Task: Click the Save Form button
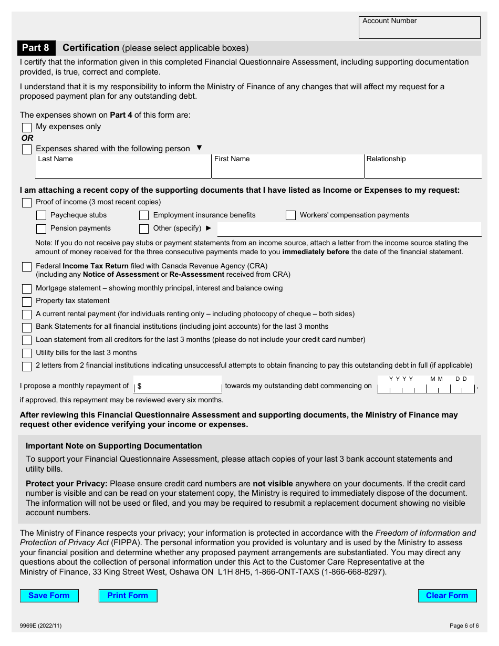[49, 596]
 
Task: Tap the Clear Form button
[447, 596]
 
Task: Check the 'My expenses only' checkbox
[27, 128]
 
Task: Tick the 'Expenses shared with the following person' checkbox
[27, 150]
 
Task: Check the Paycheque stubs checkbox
[41, 215]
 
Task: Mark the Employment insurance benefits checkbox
[144, 215]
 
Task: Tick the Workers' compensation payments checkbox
[290, 215]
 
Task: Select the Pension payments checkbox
[41, 229]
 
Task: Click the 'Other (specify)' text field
[349, 229]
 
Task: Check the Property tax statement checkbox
[27, 302]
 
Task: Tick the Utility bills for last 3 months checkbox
[27, 353]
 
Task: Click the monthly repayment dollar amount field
[178, 386]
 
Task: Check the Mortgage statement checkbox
[27, 289]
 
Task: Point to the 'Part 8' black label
[36, 48]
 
